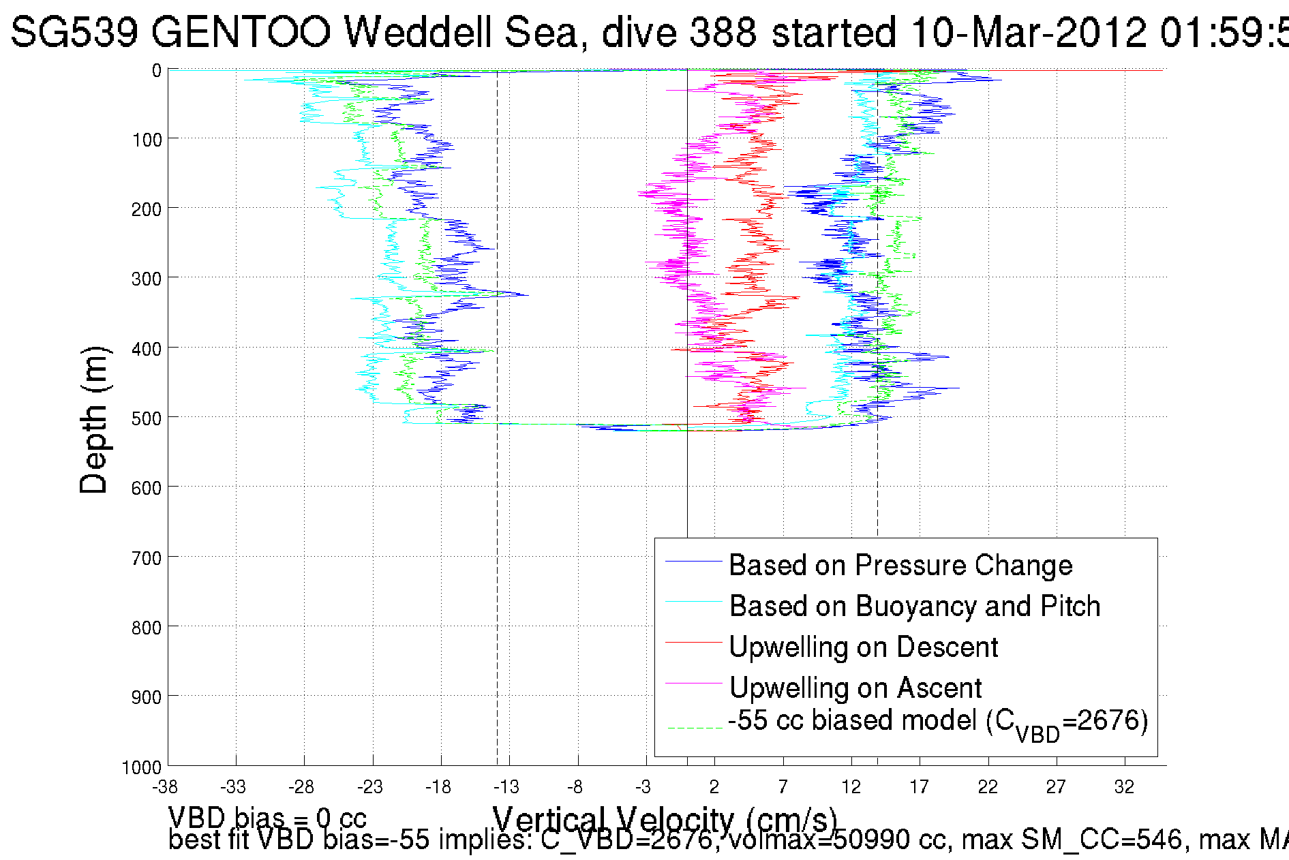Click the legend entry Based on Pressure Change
(900, 565)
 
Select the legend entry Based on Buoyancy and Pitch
(914, 606)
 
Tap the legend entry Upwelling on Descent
(863, 647)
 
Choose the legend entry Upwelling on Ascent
(855, 688)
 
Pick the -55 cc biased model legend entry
(937, 722)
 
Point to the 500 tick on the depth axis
(147, 418)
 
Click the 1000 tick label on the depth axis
(142, 768)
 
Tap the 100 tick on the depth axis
(147, 140)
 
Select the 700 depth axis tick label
(147, 559)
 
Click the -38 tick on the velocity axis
(165, 787)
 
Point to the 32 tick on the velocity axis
(1124, 787)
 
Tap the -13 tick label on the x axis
(506, 787)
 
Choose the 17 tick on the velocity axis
(919, 787)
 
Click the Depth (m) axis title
(94, 419)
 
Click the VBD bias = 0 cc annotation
(267, 818)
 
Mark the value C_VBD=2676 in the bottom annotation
(626, 840)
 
